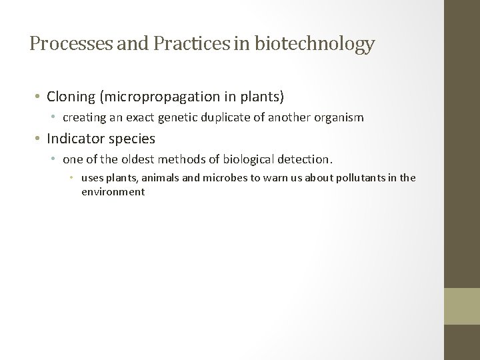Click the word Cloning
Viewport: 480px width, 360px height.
tap(71, 97)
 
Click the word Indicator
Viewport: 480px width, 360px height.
tap(73, 139)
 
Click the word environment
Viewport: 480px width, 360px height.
tap(113, 191)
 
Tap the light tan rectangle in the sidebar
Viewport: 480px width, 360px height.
tap(462, 306)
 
